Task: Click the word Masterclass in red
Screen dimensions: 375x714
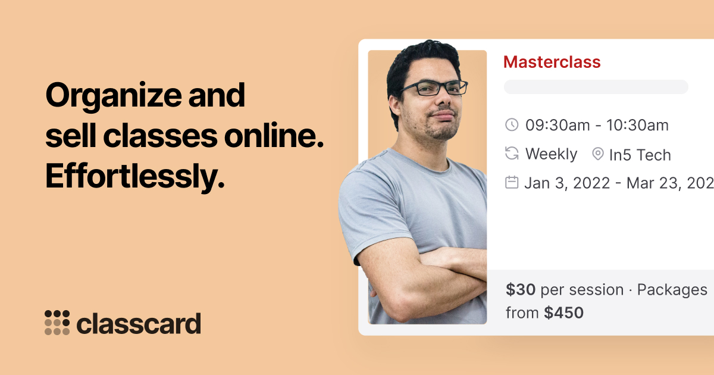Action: click(x=552, y=62)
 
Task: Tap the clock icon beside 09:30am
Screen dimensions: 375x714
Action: click(x=512, y=125)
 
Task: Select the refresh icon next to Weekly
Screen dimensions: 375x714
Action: click(x=512, y=154)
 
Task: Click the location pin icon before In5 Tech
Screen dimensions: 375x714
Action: click(x=598, y=154)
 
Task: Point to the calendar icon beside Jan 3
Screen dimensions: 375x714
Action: click(x=512, y=182)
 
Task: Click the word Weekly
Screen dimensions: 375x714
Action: click(x=551, y=154)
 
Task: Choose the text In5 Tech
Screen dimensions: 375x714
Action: click(x=640, y=155)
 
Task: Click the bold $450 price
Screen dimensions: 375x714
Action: click(x=563, y=312)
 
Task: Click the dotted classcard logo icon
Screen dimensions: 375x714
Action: click(x=57, y=323)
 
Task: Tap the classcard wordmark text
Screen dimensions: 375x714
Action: click(x=139, y=324)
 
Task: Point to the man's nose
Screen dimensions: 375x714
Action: click(x=443, y=102)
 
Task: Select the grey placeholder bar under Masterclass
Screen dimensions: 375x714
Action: click(x=596, y=87)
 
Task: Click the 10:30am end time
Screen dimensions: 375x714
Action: click(x=637, y=125)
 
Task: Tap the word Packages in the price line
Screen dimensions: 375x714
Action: click(x=672, y=290)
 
